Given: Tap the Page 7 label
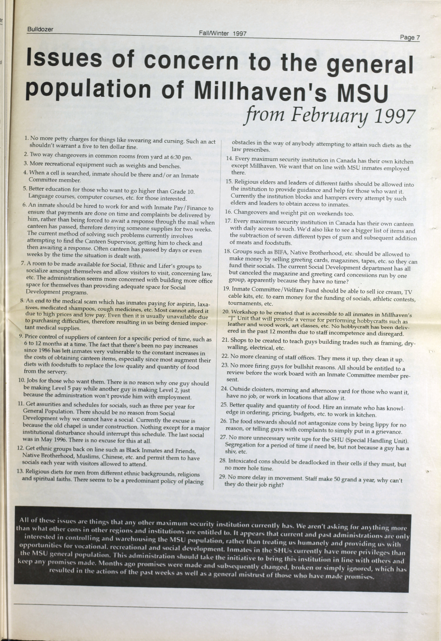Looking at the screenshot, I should (x=410, y=37).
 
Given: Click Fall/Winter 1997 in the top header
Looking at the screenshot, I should (x=222, y=33).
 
